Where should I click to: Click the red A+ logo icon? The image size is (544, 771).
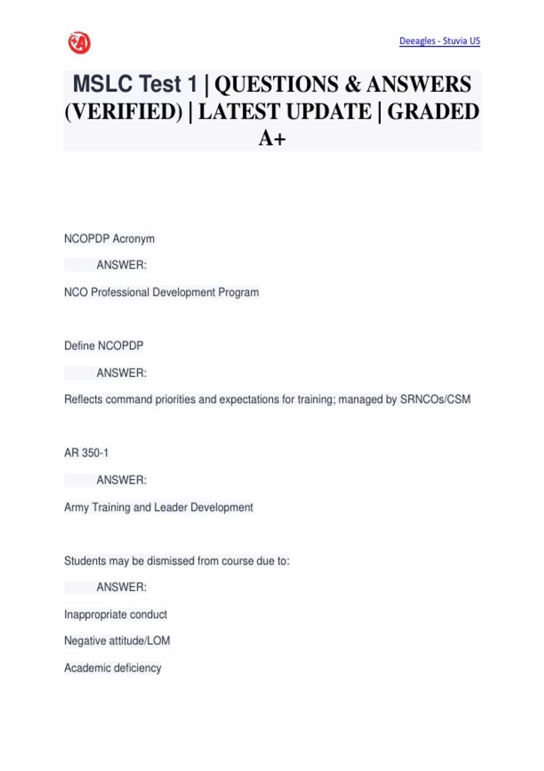(x=79, y=43)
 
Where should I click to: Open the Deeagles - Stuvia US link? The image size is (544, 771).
(x=439, y=41)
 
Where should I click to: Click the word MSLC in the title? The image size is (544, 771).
(x=102, y=84)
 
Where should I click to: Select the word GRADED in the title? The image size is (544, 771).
(x=433, y=112)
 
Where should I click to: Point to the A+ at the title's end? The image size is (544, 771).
(x=272, y=138)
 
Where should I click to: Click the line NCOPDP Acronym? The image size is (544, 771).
(x=109, y=239)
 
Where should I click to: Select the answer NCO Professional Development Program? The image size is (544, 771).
(x=161, y=293)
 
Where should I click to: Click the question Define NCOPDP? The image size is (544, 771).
(x=104, y=346)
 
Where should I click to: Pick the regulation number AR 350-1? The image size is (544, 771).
(x=86, y=453)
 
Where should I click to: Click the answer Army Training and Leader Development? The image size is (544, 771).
(x=159, y=507)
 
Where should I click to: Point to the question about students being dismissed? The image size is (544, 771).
(x=177, y=561)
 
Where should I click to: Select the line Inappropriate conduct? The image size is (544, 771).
(x=116, y=615)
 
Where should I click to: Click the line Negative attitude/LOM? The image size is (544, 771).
(x=117, y=641)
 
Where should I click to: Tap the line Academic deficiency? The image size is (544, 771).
(x=113, y=668)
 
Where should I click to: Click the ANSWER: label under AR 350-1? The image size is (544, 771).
(x=121, y=480)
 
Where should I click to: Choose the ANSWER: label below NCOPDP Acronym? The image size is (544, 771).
(x=121, y=265)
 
